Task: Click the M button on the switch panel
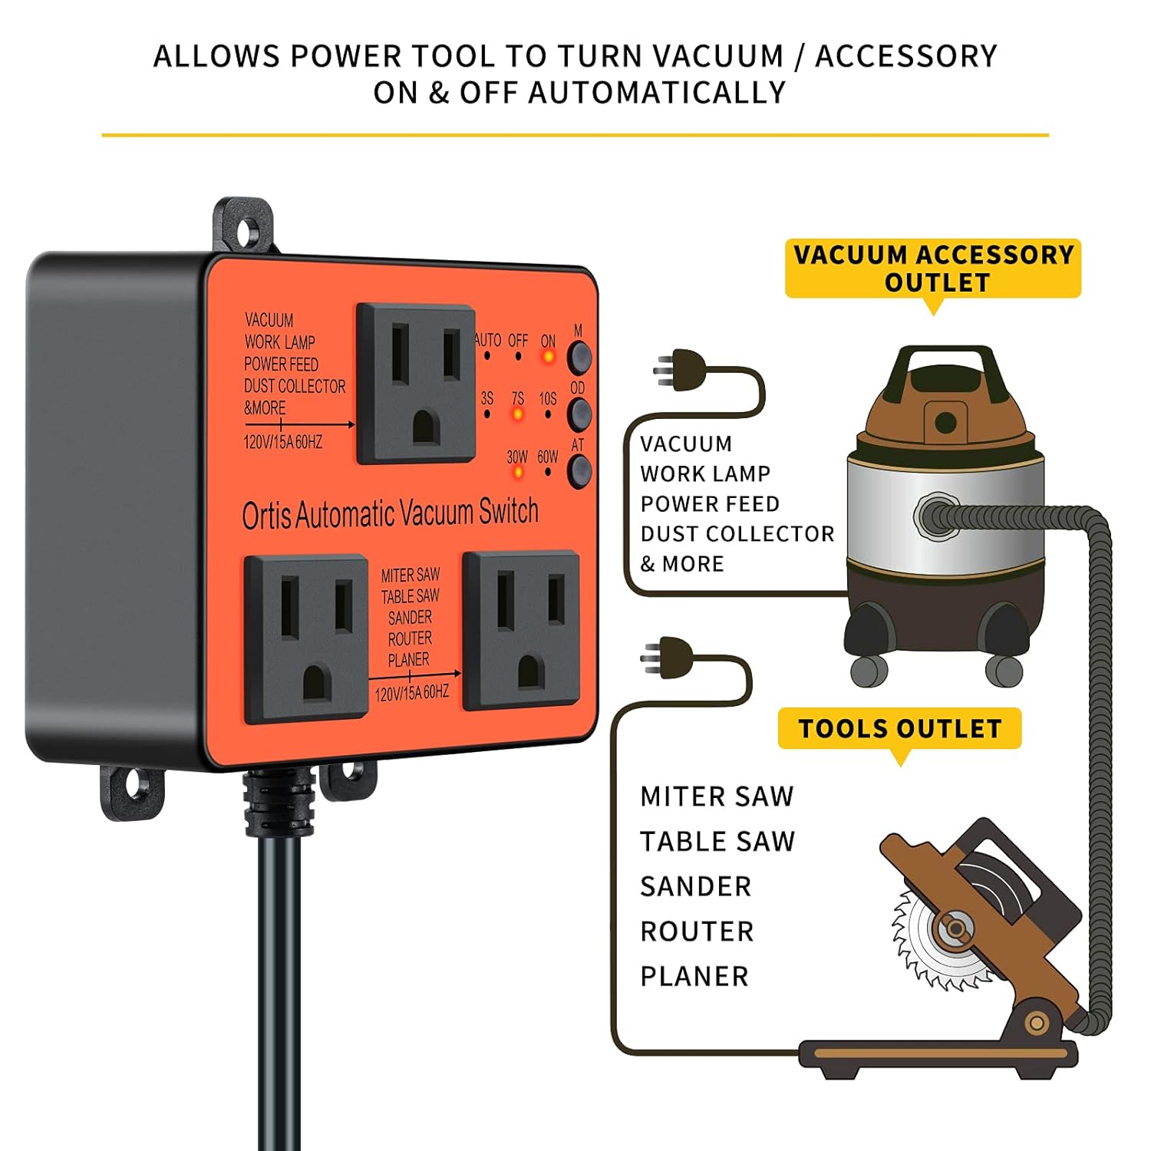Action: click(x=580, y=356)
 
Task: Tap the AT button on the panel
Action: click(x=580, y=471)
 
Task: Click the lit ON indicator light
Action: click(x=548, y=356)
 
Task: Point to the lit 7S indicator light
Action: click(x=518, y=414)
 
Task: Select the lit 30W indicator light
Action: click(x=518, y=472)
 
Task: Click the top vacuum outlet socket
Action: click(x=417, y=384)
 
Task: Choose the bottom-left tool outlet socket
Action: click(x=306, y=638)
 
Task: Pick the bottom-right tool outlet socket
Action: click(x=522, y=629)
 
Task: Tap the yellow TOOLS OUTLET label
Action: click(x=899, y=728)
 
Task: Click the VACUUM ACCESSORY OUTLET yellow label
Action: click(x=933, y=269)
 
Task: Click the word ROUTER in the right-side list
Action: click(x=697, y=932)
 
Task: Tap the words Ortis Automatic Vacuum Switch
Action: click(x=390, y=513)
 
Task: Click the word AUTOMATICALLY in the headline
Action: click(x=657, y=93)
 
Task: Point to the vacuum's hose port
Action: click(x=936, y=514)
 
